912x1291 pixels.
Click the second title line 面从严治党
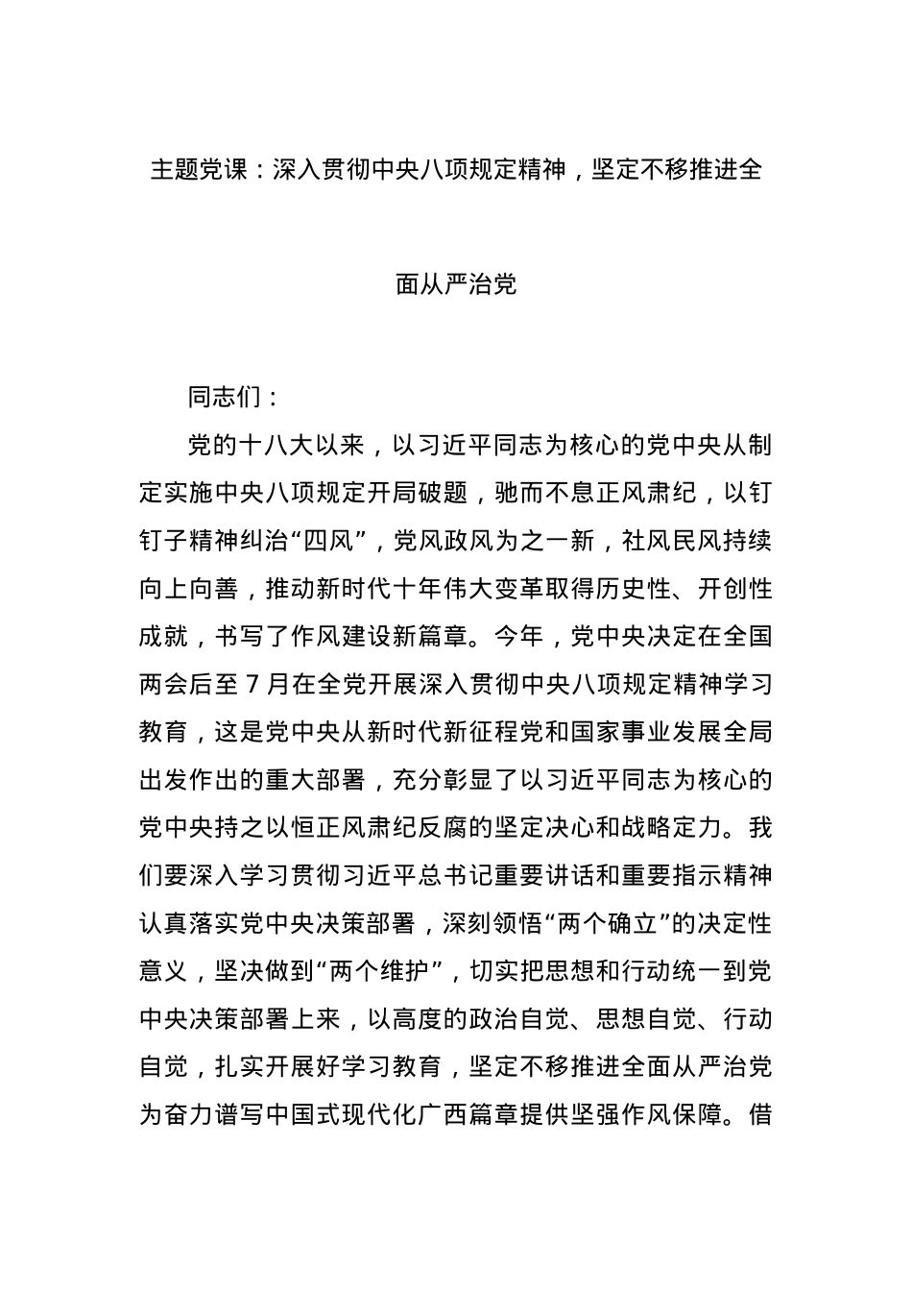coord(456,285)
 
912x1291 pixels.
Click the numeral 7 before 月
coord(252,685)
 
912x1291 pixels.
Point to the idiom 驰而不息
coord(543,494)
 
